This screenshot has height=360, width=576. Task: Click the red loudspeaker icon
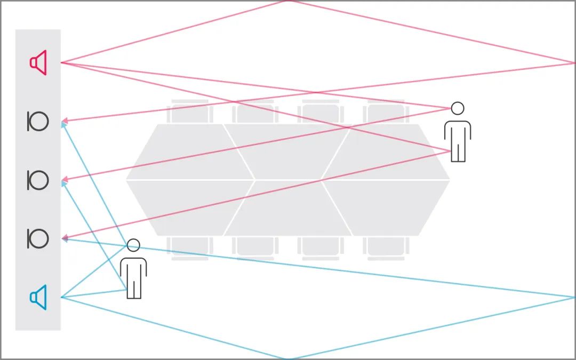[x=38, y=63]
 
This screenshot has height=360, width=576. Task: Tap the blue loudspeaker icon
[x=38, y=297]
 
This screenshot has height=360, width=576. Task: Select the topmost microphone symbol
[x=38, y=122]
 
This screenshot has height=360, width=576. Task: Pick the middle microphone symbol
[x=38, y=180]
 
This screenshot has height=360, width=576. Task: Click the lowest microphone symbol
[x=38, y=238]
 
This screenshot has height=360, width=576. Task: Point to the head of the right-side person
[x=458, y=108]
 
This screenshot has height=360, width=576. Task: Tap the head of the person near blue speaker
[x=133, y=245]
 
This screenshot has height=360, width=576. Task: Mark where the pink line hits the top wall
[x=288, y=1]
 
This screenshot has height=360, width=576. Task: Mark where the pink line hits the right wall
[x=574, y=63]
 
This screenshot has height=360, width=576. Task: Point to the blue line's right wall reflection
[x=574, y=297]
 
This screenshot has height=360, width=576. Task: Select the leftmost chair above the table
[x=189, y=113]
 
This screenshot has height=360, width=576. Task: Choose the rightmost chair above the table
[x=386, y=113]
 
